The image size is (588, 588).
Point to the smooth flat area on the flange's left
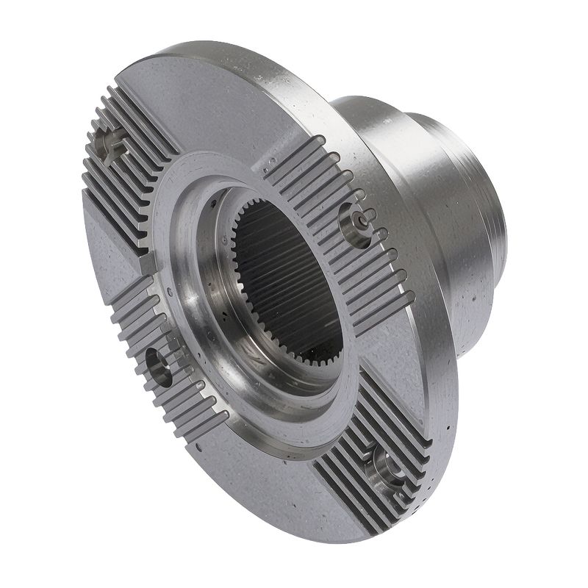click(110, 243)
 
